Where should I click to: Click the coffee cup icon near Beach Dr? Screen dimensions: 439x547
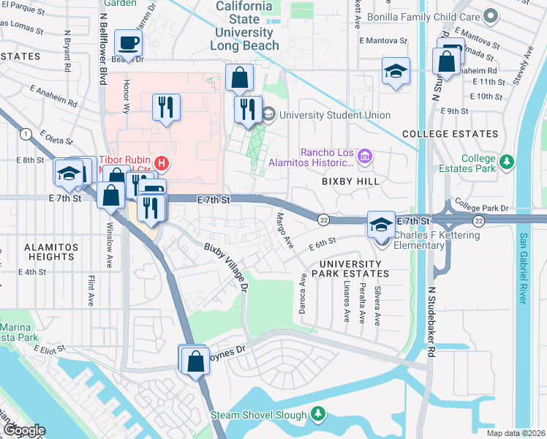(129, 44)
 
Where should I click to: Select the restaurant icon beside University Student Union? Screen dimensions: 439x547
(248, 109)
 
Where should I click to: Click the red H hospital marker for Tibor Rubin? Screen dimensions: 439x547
(165, 162)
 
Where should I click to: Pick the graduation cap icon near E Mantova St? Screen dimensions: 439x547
(396, 71)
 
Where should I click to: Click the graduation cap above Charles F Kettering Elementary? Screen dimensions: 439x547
(380, 223)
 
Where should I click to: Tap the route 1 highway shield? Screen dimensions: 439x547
(26, 133)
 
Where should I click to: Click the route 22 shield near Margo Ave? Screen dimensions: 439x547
(322, 219)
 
